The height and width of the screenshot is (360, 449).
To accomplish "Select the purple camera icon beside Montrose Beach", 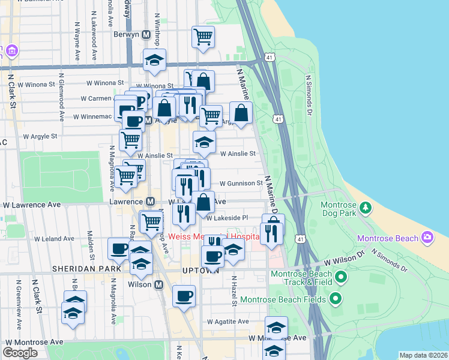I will pyautogui.click(x=427, y=237).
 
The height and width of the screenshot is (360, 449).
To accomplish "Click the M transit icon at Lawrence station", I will pyautogui.click(x=150, y=202).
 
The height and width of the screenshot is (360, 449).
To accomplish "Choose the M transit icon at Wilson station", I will pyautogui.click(x=160, y=285).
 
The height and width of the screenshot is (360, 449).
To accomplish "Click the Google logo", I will pyautogui.click(x=20, y=352).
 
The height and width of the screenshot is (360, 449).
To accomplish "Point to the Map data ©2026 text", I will pyautogui.click(x=424, y=355).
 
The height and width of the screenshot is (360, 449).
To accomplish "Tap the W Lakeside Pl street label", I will pyautogui.click(x=227, y=218).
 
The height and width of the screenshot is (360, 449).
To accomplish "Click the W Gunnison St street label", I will pyautogui.click(x=241, y=183).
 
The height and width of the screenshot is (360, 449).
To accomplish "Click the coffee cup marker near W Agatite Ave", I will pyautogui.click(x=184, y=295).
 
